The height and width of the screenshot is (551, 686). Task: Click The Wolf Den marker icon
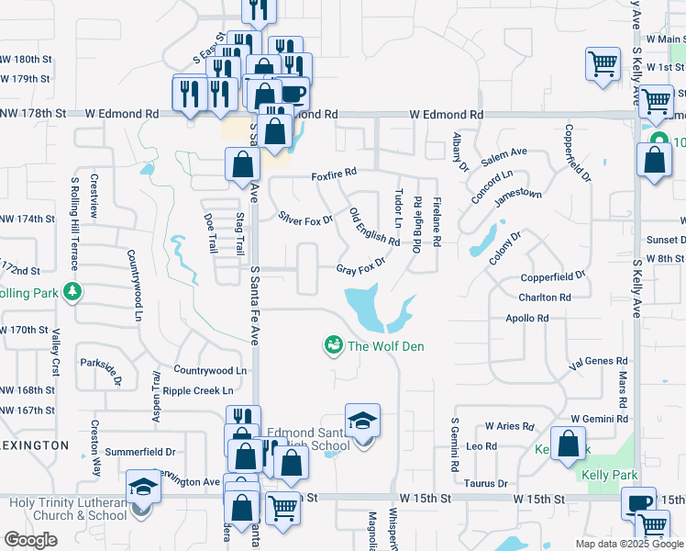[x=332, y=345]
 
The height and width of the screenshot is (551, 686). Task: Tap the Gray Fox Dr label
[x=360, y=270]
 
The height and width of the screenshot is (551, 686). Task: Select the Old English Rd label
[x=374, y=228]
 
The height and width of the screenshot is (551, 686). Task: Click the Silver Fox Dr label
[x=305, y=220]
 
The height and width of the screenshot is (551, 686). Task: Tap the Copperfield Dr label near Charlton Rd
[x=553, y=275]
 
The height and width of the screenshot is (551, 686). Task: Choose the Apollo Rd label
[x=526, y=318]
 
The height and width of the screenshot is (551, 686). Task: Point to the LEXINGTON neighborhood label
[x=34, y=444]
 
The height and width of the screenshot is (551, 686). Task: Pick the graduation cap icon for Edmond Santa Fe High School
[x=363, y=421]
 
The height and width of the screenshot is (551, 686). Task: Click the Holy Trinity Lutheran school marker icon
[x=143, y=487]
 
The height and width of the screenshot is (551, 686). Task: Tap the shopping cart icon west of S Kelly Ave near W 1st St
[x=603, y=63]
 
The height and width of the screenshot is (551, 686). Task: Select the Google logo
[x=30, y=539]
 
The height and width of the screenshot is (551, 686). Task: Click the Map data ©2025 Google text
[x=628, y=544]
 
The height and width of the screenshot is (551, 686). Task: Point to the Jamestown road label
[x=518, y=195]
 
